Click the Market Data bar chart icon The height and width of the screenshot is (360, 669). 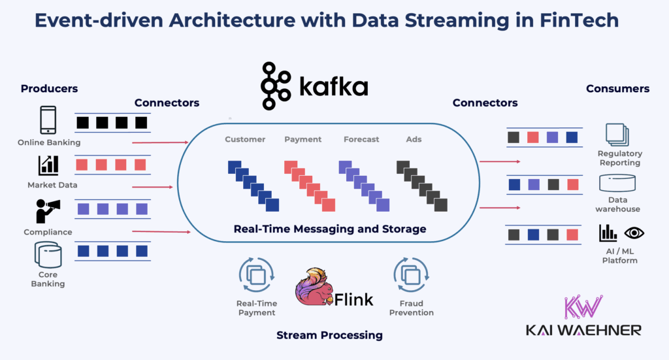click(x=48, y=165)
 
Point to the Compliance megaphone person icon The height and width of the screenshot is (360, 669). click(x=48, y=210)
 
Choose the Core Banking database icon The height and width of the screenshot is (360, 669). click(x=48, y=254)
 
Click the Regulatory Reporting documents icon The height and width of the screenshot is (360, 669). click(x=617, y=134)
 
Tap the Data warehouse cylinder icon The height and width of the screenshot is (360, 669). click(x=617, y=183)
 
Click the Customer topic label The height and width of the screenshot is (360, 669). click(x=245, y=139)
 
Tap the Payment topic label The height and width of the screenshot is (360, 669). click(x=303, y=139)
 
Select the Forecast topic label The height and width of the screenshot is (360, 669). click(x=361, y=139)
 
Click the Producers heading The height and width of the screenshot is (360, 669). click(x=49, y=88)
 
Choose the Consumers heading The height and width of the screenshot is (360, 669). click(x=617, y=88)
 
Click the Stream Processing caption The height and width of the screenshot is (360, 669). click(x=329, y=335)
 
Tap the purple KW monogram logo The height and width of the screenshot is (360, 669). click(x=583, y=307)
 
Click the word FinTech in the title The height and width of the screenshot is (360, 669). click(x=573, y=22)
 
